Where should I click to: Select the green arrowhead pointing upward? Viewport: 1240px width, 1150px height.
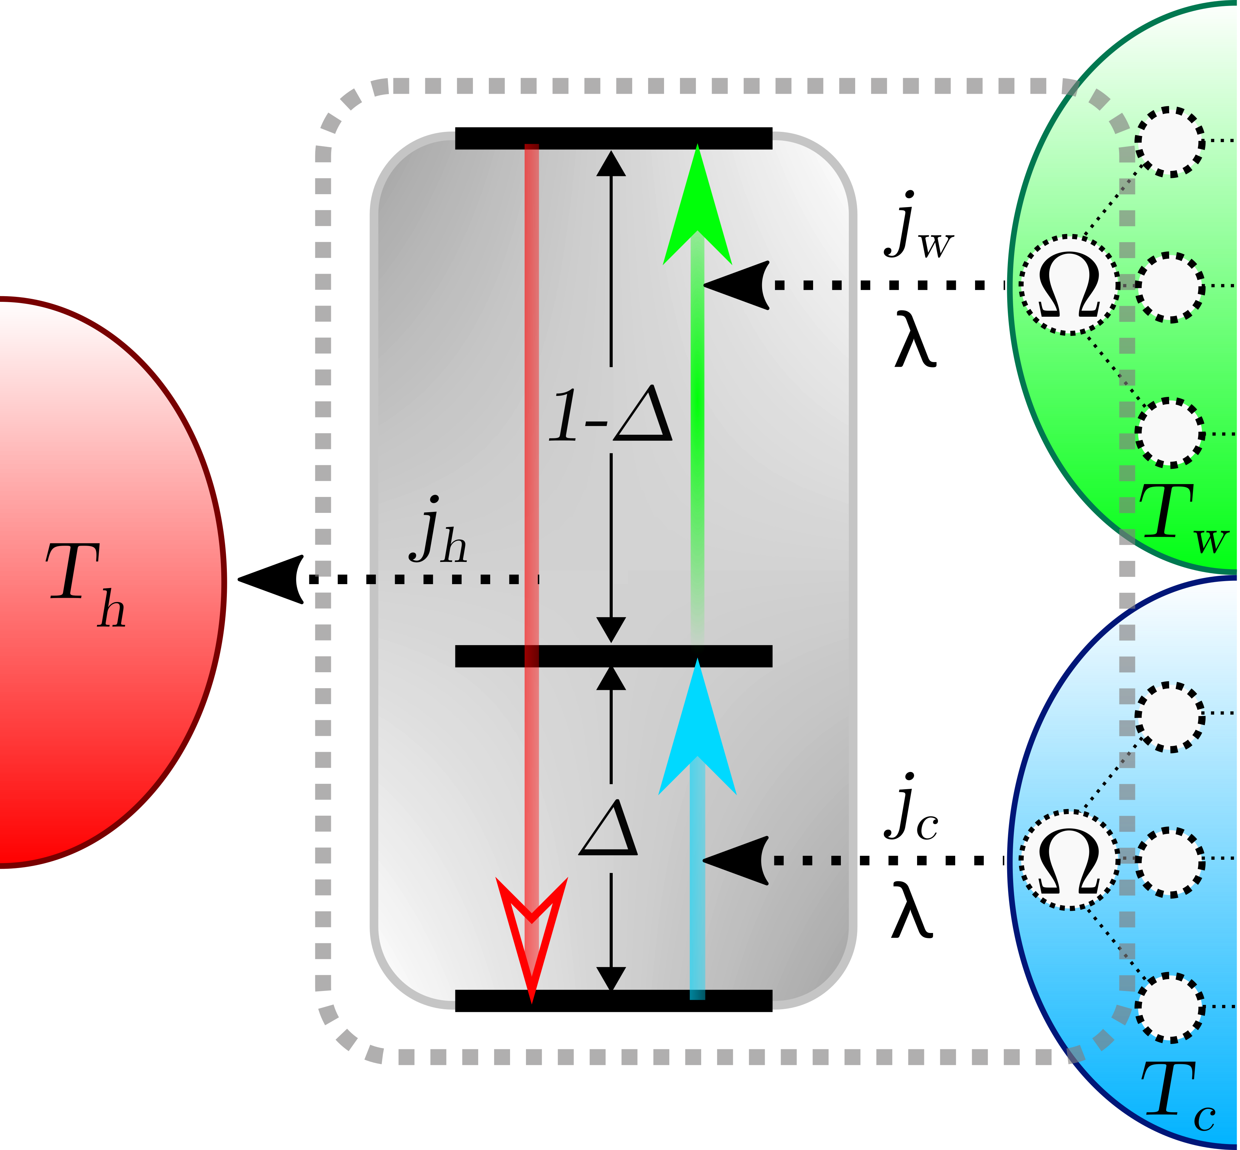(697, 205)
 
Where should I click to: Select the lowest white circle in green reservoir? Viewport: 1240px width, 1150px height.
(1170, 432)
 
